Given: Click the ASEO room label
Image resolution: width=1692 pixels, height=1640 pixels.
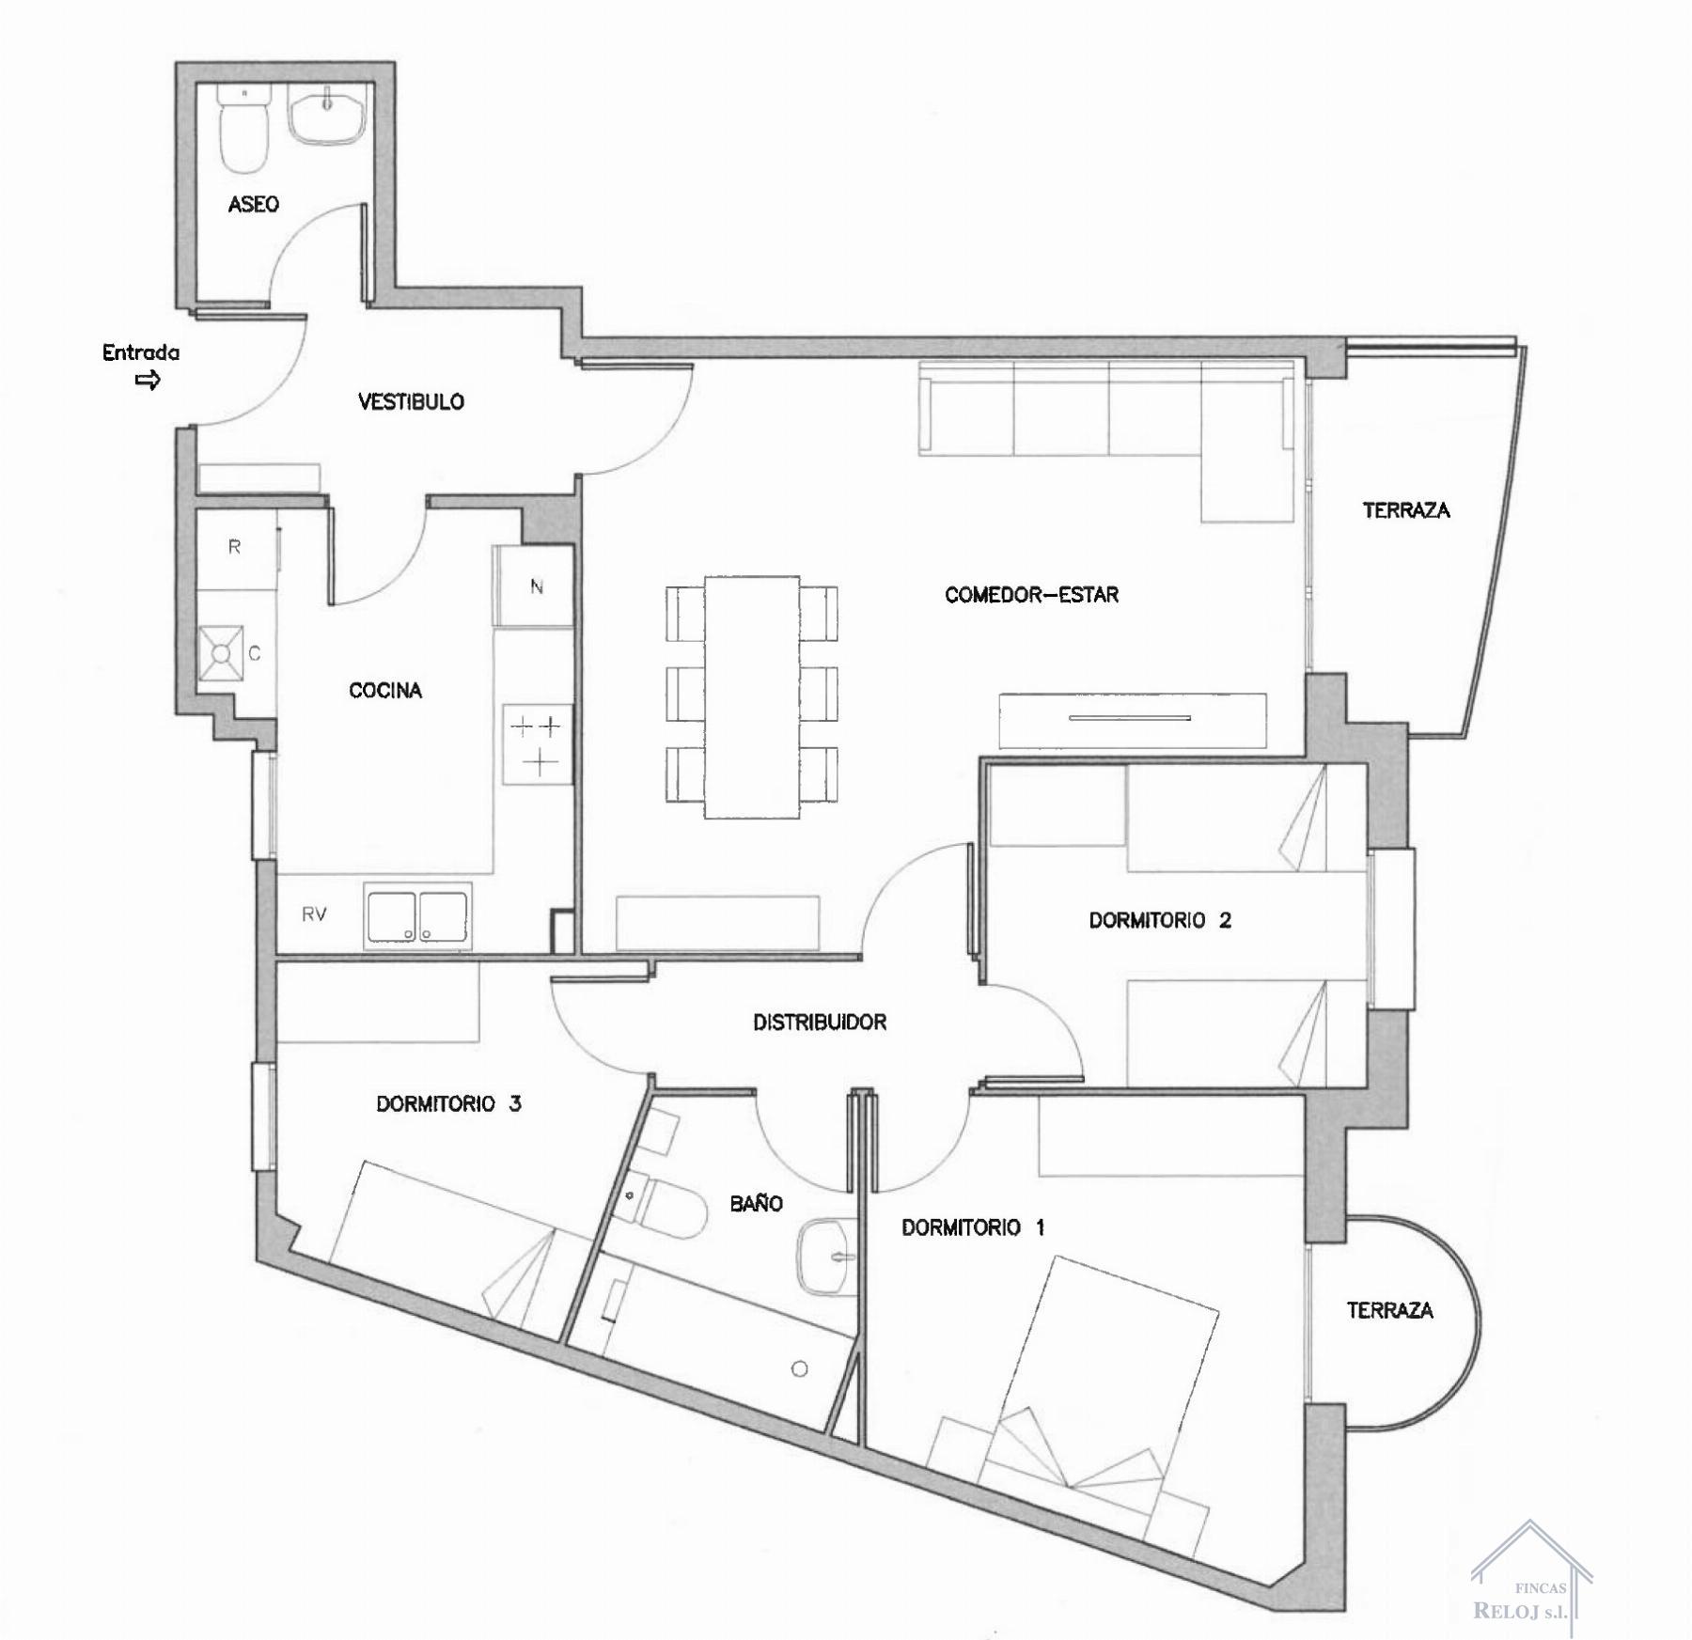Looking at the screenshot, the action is tap(253, 204).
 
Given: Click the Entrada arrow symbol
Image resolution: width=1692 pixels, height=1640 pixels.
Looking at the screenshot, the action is tap(148, 380).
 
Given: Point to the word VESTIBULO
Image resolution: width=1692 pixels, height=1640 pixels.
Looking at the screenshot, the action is tap(411, 402).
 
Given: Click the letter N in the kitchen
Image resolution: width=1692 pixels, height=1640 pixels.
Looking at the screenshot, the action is tap(537, 587).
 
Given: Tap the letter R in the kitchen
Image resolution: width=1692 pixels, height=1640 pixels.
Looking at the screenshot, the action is tap(234, 547).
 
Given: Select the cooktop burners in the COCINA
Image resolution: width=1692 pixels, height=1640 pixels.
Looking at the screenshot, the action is tap(537, 743).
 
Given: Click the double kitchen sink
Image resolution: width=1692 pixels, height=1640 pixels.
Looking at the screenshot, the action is tap(417, 916).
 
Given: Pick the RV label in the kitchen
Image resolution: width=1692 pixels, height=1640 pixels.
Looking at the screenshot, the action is tap(314, 914).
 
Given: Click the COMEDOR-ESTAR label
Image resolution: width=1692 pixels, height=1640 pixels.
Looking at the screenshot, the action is tap(1031, 595).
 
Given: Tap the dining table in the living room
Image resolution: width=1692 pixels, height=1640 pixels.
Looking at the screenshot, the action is tap(752, 696).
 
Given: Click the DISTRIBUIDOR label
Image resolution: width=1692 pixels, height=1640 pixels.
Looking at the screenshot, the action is tap(820, 1023).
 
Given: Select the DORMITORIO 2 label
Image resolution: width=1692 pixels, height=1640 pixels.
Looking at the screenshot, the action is tap(1160, 920).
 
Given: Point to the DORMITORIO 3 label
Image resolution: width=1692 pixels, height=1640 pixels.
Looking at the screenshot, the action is tap(448, 1103).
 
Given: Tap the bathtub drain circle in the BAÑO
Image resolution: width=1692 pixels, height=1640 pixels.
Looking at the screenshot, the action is tap(799, 1369).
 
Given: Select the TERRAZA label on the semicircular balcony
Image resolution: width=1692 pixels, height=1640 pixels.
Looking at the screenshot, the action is tap(1389, 1310).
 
